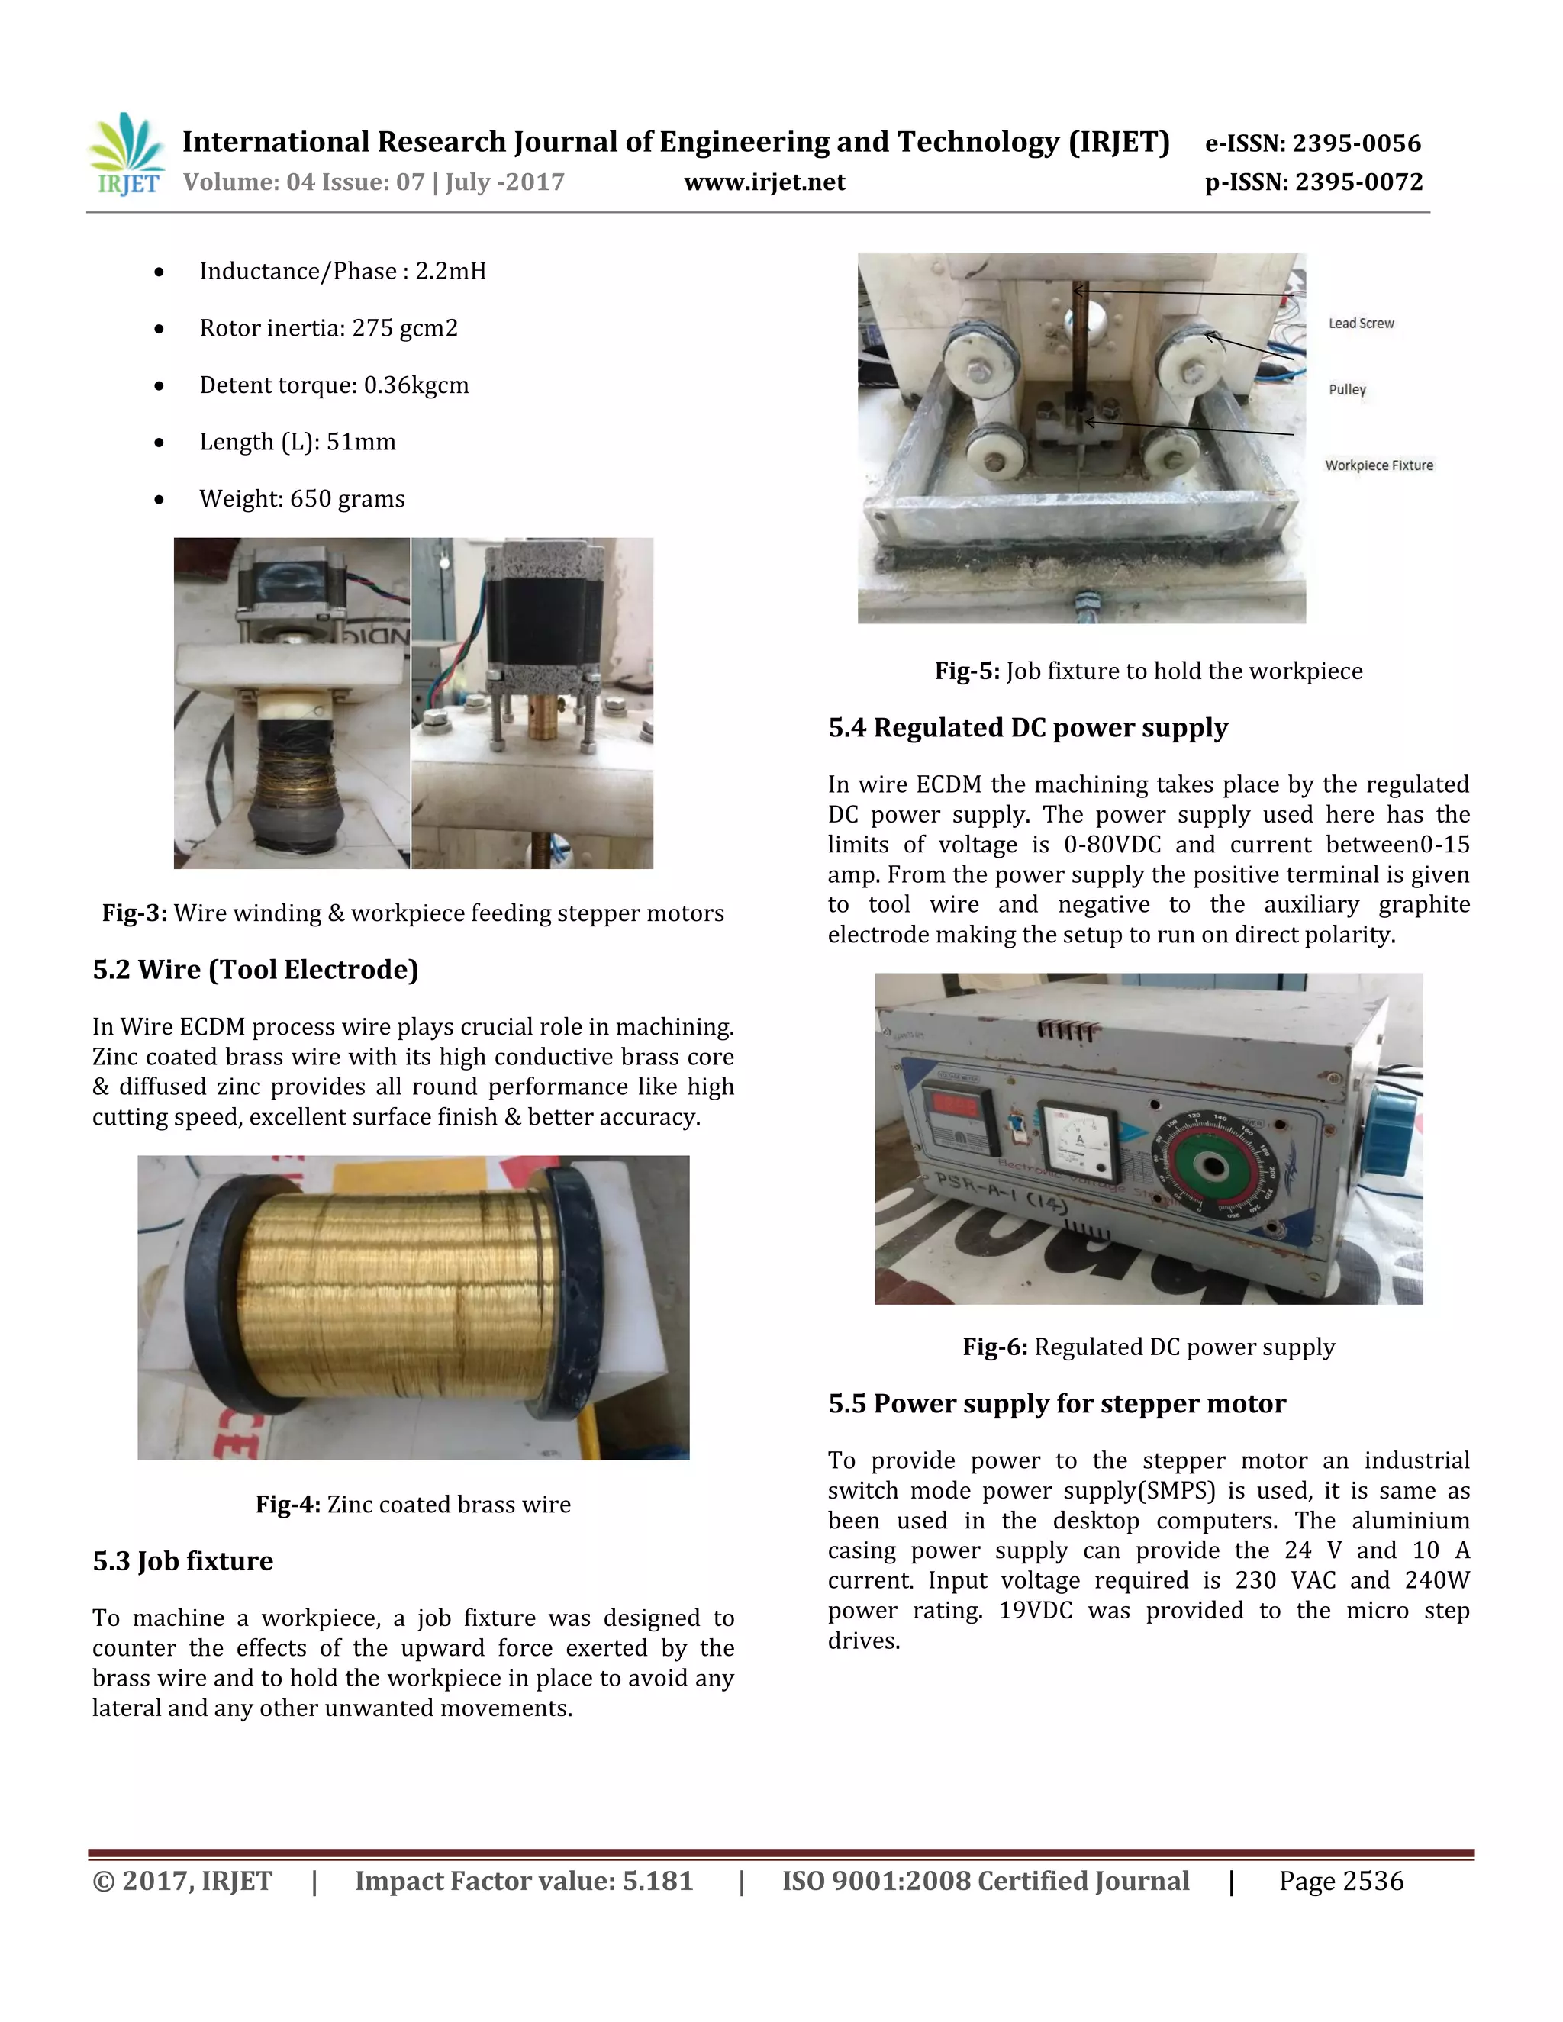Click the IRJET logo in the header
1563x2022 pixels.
[127, 156]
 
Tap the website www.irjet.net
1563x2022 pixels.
[764, 182]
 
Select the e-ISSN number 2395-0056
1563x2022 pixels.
[1312, 143]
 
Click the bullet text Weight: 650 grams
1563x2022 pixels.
[302, 499]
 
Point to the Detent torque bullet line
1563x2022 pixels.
[334, 385]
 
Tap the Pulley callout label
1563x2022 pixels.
[1346, 390]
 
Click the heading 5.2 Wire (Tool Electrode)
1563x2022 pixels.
[256, 969]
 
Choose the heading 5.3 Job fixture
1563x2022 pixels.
[182, 1561]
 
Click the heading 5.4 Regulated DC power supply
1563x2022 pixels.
[1028, 728]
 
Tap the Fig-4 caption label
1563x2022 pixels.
[413, 1505]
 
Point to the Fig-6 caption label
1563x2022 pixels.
[1148, 1347]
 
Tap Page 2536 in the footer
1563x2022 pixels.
[1341, 1882]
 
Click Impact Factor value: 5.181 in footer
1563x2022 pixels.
[524, 1882]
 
